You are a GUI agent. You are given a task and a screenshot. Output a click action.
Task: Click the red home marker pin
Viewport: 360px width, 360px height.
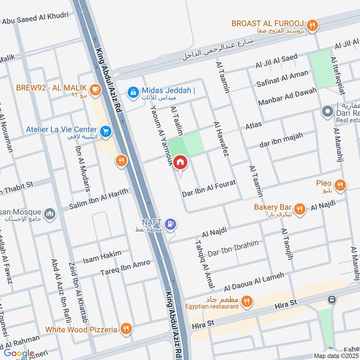pyautogui.click(x=180, y=162)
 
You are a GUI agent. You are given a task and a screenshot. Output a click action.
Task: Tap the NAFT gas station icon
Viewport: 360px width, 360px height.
pyautogui.click(x=170, y=223)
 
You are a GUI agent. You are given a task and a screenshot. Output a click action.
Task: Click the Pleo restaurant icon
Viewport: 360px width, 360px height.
pyautogui.click(x=341, y=184)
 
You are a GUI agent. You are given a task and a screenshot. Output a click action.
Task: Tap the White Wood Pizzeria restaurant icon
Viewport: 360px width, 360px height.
pyautogui.click(x=126, y=329)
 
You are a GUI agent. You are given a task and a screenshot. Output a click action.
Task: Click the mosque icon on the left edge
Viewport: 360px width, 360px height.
pyautogui.click(x=50, y=213)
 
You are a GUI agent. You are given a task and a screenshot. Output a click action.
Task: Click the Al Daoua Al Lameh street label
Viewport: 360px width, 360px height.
pyautogui.click(x=254, y=281)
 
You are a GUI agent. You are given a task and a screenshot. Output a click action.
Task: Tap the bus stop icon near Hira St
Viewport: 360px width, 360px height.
pyautogui.click(x=332, y=299)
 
